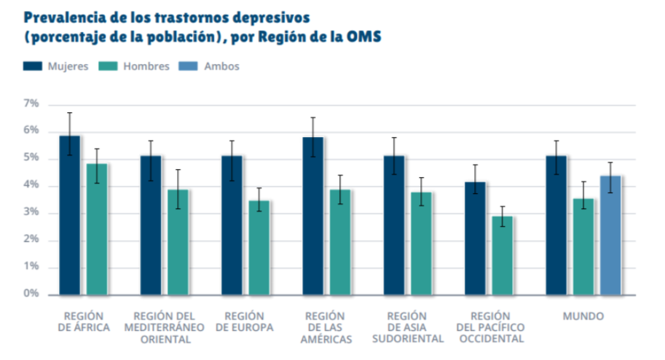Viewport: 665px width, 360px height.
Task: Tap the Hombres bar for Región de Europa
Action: (x=259, y=247)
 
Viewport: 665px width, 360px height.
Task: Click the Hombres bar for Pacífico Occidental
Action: (x=503, y=255)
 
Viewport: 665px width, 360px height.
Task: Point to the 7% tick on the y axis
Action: (x=31, y=104)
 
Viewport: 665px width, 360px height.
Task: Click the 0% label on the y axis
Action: (x=31, y=294)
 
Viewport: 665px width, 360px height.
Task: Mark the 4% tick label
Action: (x=31, y=186)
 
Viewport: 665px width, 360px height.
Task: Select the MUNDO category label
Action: (x=583, y=316)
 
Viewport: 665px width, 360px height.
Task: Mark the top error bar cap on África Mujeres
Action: (x=70, y=113)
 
